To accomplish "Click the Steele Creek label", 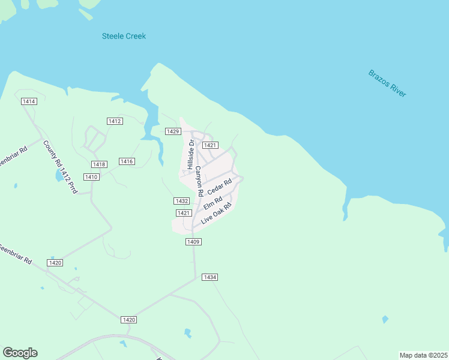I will [x=124, y=36].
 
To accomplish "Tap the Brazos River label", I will [x=387, y=83].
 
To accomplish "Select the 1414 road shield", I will [x=29, y=101].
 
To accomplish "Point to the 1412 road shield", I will [x=115, y=121].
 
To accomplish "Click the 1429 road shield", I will [x=173, y=131].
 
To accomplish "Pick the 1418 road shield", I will [x=99, y=164].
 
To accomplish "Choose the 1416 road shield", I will [x=127, y=161].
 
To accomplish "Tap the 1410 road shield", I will [x=91, y=177].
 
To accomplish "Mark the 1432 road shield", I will [x=182, y=201].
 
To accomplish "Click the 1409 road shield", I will [x=193, y=242].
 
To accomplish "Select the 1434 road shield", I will [x=209, y=277].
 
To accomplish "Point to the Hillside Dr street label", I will [x=190, y=154].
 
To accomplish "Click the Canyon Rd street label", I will [x=199, y=181].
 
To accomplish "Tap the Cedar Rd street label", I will [x=219, y=186].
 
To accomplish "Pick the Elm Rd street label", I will [x=213, y=202].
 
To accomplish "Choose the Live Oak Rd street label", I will [x=216, y=213].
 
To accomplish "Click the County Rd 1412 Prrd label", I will [x=59, y=167].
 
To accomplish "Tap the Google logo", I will [x=20, y=353].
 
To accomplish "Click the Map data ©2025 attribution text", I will [x=423, y=355].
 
